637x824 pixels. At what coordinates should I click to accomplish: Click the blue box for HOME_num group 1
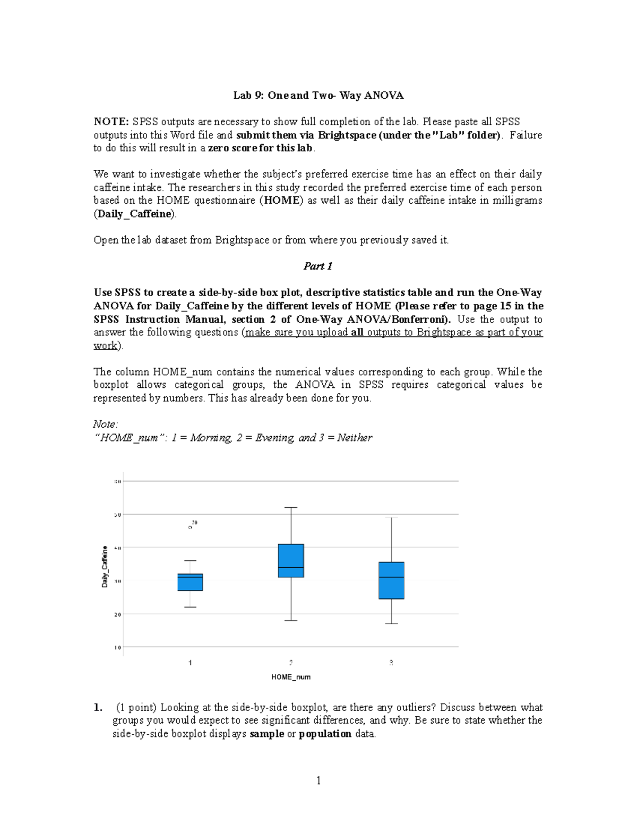click(x=190, y=582)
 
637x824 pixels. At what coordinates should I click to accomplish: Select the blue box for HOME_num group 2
click(x=291, y=560)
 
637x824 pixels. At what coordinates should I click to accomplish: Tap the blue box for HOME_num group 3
click(x=391, y=580)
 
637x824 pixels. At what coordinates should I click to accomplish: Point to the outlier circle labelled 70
click(x=190, y=527)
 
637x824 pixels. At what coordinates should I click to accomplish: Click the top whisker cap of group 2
click(x=291, y=508)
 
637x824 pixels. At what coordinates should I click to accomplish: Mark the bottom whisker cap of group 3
click(x=391, y=623)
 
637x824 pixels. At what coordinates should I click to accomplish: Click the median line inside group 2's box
click(x=291, y=568)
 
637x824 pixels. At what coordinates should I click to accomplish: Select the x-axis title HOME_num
click(x=291, y=677)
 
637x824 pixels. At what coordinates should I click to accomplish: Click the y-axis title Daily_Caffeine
click(x=105, y=566)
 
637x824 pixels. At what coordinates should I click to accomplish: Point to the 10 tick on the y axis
click(x=117, y=647)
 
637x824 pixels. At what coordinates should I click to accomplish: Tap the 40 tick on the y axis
click(x=117, y=548)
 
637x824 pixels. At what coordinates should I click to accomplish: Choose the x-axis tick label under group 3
click(x=391, y=663)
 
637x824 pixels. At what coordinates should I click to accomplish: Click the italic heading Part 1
click(x=317, y=266)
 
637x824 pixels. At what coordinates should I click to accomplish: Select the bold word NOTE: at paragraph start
click(x=111, y=122)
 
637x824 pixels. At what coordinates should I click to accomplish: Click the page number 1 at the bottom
click(x=318, y=780)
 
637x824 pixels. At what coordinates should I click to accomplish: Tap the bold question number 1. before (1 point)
click(x=98, y=707)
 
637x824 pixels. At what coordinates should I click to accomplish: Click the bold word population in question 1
click(x=325, y=734)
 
